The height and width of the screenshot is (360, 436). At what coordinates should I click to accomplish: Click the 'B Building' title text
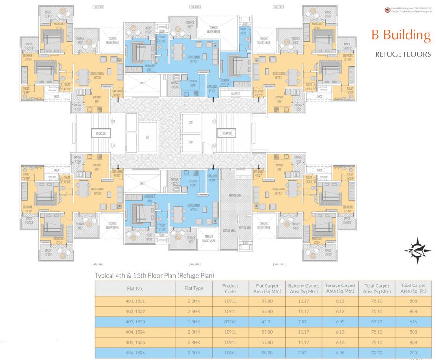point(401,35)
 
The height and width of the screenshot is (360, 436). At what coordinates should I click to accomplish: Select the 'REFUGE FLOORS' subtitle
point(403,54)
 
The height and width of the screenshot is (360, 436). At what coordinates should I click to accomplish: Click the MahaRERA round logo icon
point(387,9)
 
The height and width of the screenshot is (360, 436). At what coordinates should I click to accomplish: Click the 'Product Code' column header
point(230,289)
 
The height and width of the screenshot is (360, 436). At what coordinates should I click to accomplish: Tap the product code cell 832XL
point(230,324)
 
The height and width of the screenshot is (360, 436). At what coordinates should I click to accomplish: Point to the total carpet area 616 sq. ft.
point(413,324)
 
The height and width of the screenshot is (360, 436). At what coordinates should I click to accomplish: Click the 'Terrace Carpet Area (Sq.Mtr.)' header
point(340,289)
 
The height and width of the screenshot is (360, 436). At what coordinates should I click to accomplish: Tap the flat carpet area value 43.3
point(267,324)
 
